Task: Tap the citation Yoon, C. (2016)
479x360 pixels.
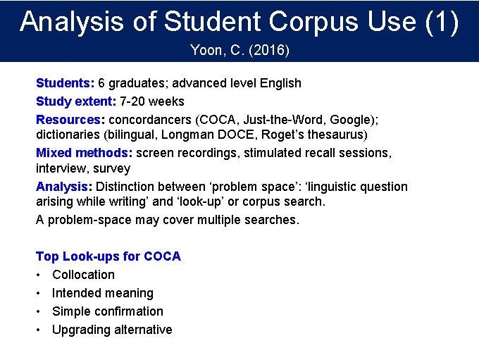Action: click(240, 51)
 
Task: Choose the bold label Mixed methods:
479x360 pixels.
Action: click(84, 152)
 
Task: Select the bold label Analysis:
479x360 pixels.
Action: click(64, 187)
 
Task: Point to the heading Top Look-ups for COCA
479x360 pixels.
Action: click(108, 256)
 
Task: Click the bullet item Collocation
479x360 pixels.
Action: click(83, 275)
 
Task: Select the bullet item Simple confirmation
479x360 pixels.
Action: click(107, 311)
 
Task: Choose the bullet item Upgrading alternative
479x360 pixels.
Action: click(112, 330)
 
